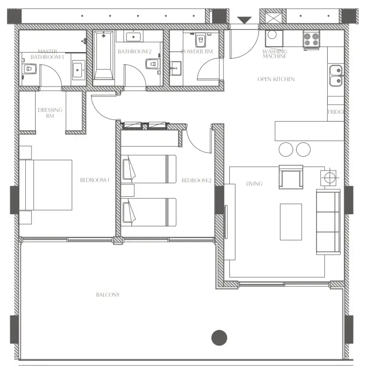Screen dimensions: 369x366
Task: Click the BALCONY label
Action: (x=108, y=295)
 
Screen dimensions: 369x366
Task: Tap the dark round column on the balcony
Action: (x=219, y=338)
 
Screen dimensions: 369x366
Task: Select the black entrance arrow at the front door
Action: (x=244, y=20)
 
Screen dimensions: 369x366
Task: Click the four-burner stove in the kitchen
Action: (x=312, y=38)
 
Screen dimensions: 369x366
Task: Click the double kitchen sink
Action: (x=336, y=76)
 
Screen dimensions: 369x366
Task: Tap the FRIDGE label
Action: (x=336, y=112)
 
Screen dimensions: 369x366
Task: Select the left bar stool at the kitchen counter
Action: (x=286, y=149)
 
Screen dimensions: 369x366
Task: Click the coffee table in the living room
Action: (x=291, y=222)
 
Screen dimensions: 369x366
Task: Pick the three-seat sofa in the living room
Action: (x=328, y=222)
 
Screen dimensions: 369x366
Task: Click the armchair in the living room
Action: (x=291, y=177)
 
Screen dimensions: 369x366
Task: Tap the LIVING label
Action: (x=254, y=184)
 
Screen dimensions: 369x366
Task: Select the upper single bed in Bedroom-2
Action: (x=149, y=169)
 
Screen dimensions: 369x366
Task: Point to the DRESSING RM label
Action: (x=50, y=113)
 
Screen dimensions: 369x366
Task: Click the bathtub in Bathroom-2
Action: (x=104, y=55)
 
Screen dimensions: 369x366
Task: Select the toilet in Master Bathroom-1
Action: (x=30, y=70)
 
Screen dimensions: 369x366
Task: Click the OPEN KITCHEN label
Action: (x=276, y=79)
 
